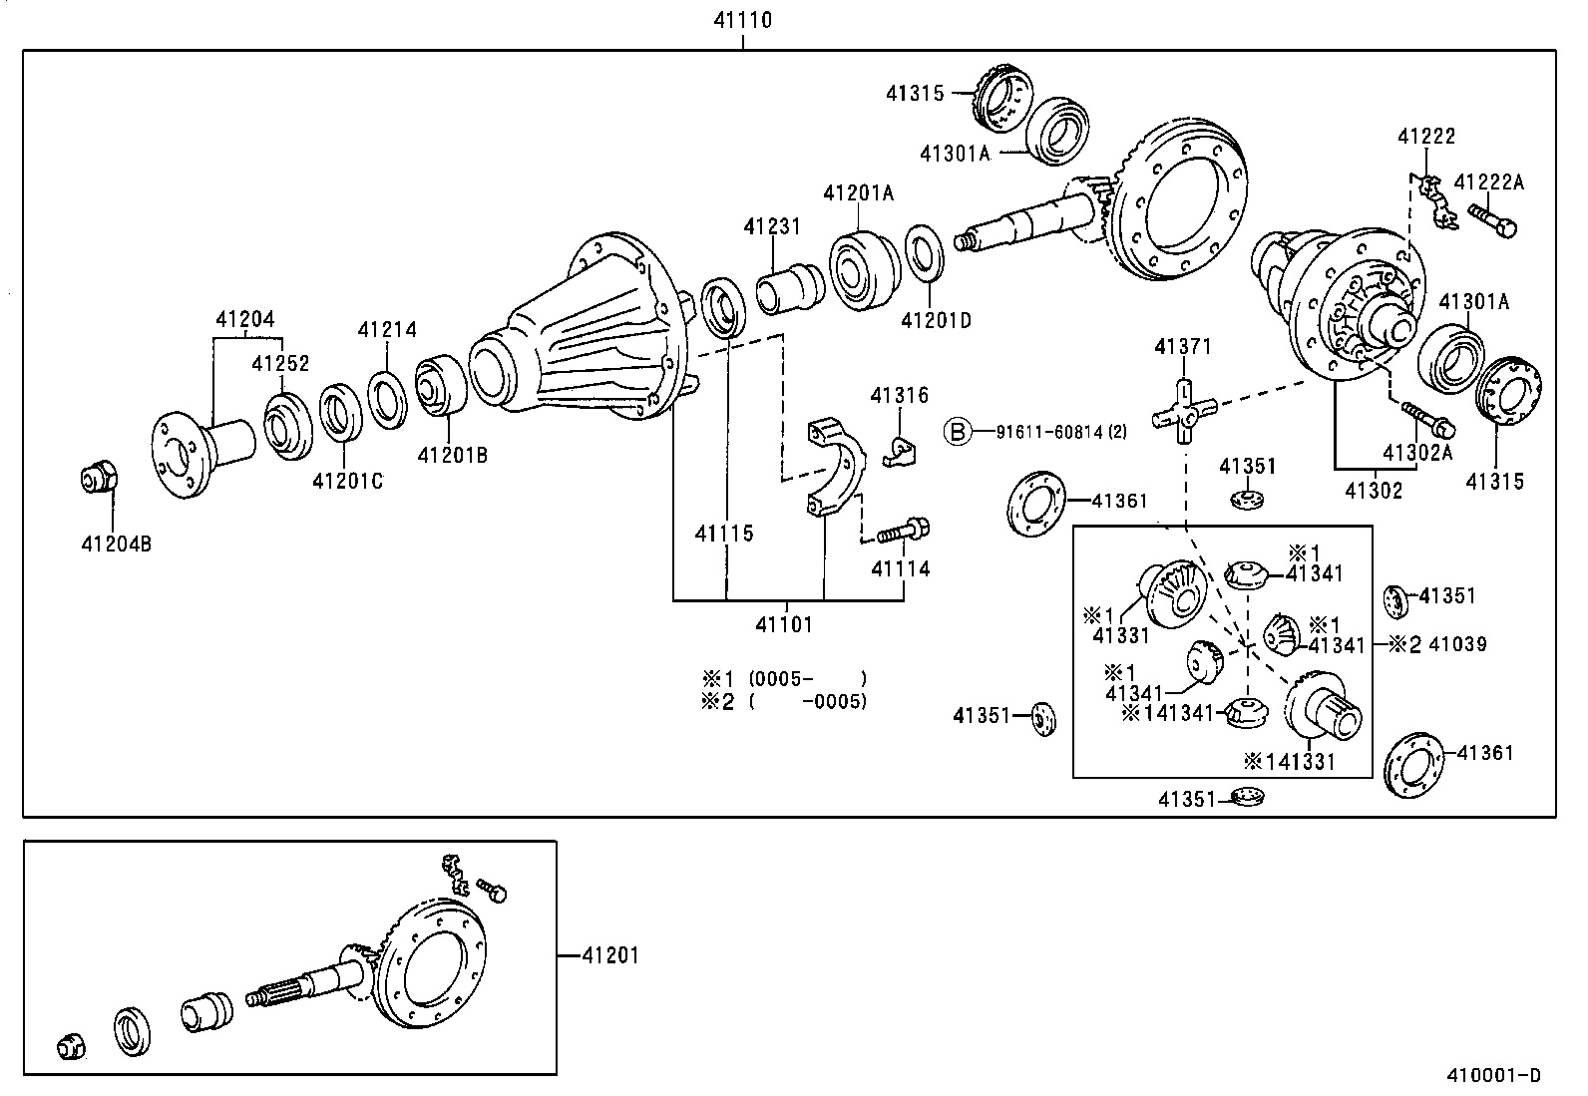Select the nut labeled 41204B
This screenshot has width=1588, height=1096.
[98, 480]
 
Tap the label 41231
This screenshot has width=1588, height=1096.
[771, 226]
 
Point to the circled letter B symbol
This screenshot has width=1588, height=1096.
[958, 432]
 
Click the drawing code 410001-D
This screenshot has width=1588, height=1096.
[1493, 1075]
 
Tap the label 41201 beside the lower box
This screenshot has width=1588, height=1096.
[610, 955]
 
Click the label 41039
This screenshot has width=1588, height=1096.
[1457, 644]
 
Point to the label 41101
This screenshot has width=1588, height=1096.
[783, 625]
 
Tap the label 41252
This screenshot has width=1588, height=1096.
[280, 364]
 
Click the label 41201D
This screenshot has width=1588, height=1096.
[936, 320]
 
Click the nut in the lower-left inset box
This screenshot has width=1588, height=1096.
[71, 1046]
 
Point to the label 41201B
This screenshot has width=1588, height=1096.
[452, 456]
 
